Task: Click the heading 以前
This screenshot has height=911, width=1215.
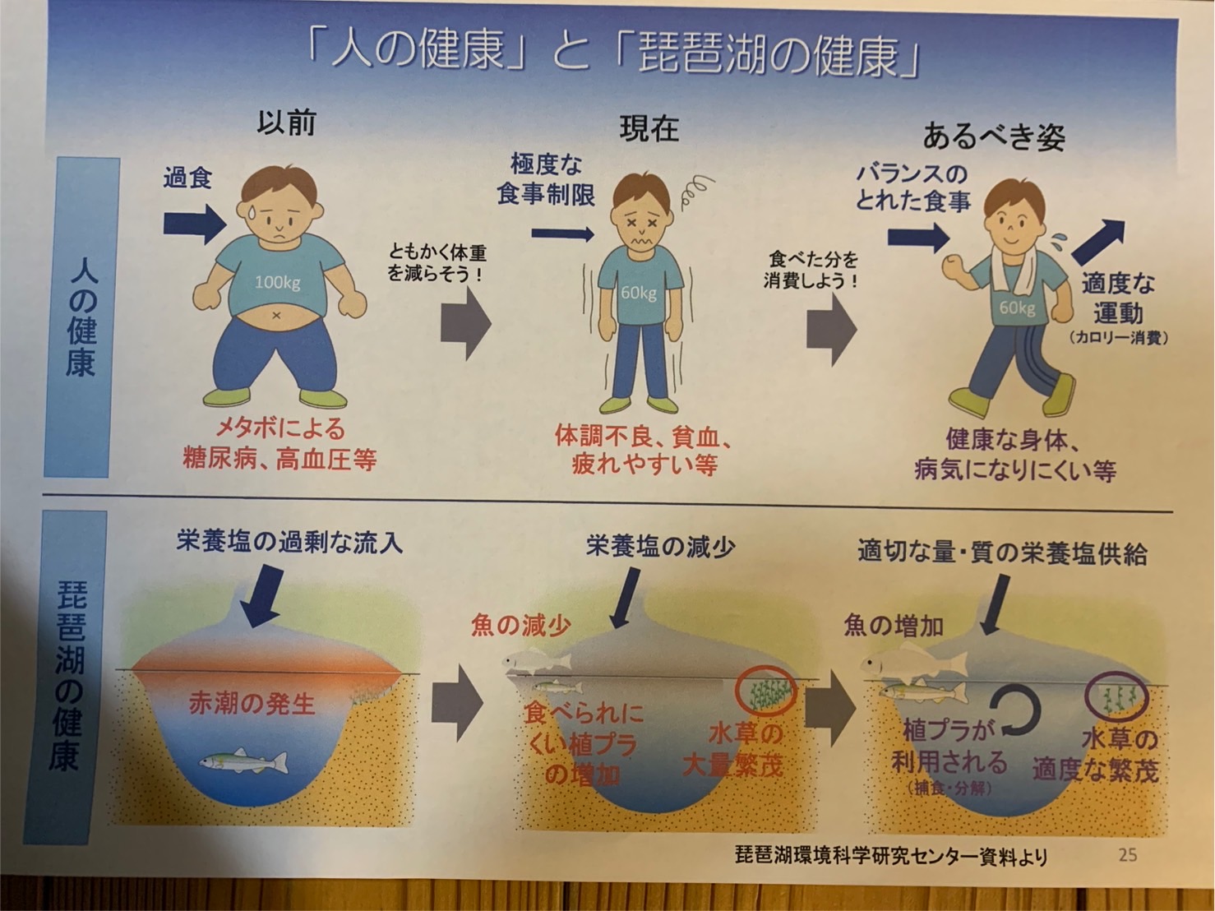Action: point(286,123)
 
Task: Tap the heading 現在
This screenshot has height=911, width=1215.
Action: point(649,129)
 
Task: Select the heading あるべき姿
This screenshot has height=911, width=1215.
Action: point(994,136)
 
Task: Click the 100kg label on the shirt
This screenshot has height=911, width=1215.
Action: point(277,283)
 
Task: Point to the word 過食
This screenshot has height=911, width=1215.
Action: point(187,178)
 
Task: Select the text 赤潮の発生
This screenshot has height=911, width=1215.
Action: point(252,704)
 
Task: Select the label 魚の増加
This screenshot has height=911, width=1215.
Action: point(894,626)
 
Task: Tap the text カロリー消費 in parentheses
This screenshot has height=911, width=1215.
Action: point(1118,338)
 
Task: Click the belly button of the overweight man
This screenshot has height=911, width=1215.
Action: point(277,316)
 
